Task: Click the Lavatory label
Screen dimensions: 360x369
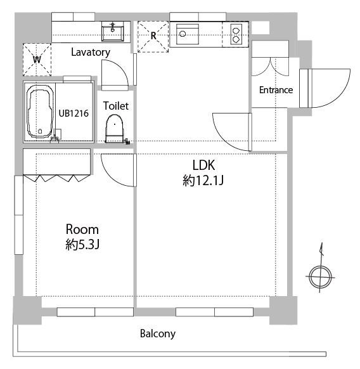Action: click(x=91, y=52)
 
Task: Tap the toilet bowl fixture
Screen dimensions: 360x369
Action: click(x=115, y=129)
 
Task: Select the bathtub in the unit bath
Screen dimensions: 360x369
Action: click(x=39, y=112)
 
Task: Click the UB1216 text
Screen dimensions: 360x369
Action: click(x=74, y=113)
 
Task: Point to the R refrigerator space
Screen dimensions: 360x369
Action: click(x=153, y=37)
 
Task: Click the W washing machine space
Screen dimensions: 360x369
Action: click(x=37, y=60)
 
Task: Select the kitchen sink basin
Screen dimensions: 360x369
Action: click(x=188, y=34)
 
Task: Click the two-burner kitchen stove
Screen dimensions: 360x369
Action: click(x=236, y=34)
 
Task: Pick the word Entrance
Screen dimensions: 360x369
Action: click(x=276, y=90)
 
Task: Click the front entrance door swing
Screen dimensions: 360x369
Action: click(x=325, y=88)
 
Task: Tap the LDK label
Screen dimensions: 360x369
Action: click(x=203, y=165)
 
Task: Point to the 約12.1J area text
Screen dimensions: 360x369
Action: click(x=203, y=181)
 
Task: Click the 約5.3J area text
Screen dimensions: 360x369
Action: click(x=82, y=245)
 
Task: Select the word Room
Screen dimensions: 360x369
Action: click(x=82, y=230)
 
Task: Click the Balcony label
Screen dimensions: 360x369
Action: click(x=158, y=333)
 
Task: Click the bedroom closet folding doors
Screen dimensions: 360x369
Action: click(x=56, y=178)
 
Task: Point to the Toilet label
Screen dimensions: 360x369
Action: click(x=116, y=106)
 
